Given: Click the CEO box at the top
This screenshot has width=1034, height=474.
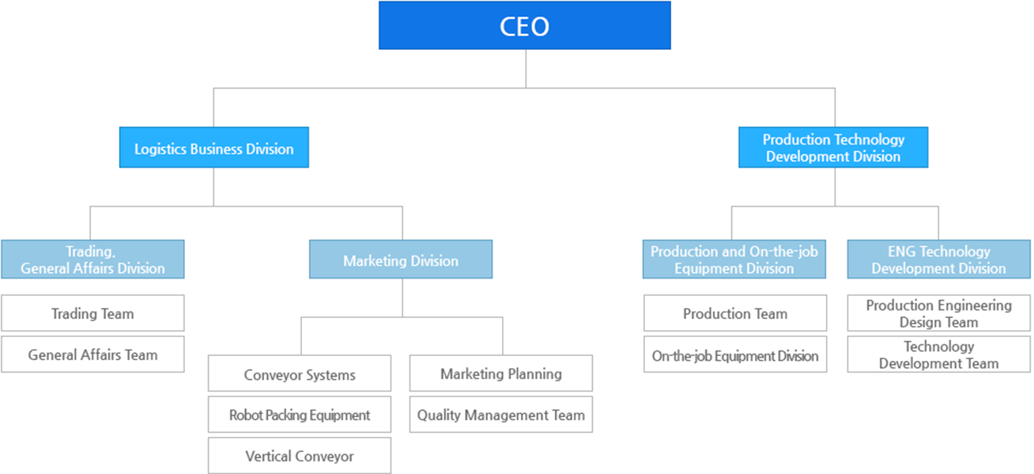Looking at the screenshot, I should [524, 26].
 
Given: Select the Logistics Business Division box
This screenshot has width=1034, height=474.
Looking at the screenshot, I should [213, 148].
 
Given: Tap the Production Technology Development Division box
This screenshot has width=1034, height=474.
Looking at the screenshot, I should [833, 148].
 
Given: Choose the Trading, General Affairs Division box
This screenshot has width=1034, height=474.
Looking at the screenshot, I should [92, 260].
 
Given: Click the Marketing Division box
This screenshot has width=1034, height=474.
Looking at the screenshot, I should [401, 260].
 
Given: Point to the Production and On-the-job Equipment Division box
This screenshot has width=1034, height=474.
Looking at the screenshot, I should [734, 260].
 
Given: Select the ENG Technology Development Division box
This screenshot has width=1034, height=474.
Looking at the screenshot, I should [938, 260].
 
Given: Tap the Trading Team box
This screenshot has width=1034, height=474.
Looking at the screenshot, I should [92, 313].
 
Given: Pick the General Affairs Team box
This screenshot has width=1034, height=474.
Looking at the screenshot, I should [92, 355].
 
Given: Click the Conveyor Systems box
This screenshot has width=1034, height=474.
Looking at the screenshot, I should [300, 374].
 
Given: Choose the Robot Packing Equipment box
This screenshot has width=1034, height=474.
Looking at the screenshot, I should [300, 415].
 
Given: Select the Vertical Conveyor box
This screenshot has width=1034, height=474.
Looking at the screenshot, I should [300, 456].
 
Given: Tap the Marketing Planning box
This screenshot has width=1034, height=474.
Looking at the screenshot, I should [501, 374].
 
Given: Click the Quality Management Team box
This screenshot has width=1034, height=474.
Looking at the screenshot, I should [501, 415].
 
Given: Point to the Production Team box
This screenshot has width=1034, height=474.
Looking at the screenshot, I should [735, 313].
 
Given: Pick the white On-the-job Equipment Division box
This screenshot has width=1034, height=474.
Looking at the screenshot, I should [735, 355].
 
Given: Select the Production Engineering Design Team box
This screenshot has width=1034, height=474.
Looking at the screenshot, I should [938, 313].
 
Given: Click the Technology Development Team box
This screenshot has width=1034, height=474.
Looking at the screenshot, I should [938, 355].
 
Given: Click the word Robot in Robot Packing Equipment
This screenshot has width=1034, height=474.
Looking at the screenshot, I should [245, 415].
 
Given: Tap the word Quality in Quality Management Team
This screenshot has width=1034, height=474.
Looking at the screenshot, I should [439, 415].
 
